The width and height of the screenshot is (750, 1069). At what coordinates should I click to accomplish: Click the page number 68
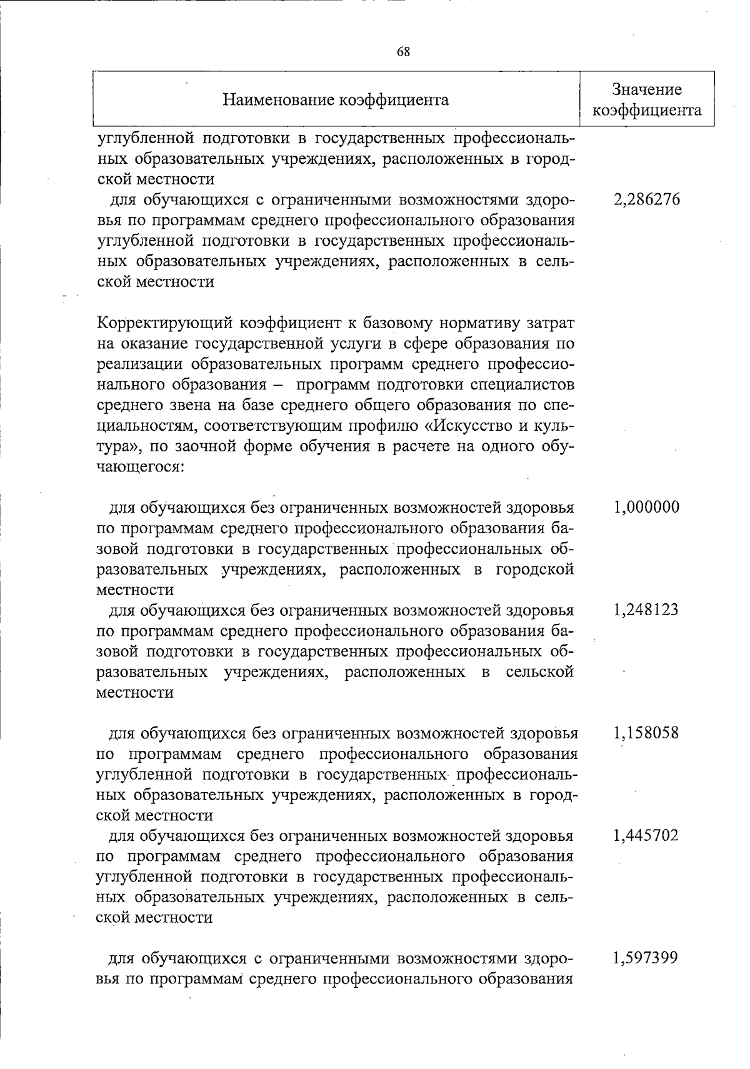coord(404,52)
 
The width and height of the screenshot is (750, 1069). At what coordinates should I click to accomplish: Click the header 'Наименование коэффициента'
coord(336,100)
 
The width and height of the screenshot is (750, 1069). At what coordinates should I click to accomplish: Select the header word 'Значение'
coord(646,89)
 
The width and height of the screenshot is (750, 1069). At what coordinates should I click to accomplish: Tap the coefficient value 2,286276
coord(646,200)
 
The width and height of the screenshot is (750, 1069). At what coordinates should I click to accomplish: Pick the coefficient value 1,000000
coord(646,507)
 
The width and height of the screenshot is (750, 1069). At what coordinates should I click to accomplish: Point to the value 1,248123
coord(646,610)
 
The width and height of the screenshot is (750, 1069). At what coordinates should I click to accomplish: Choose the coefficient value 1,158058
coord(646,732)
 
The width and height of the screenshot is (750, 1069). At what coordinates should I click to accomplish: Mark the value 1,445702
coord(646,835)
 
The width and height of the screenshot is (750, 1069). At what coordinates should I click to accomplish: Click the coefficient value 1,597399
coord(646,958)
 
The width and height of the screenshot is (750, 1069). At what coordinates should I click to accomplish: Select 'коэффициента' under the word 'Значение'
coord(646,111)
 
